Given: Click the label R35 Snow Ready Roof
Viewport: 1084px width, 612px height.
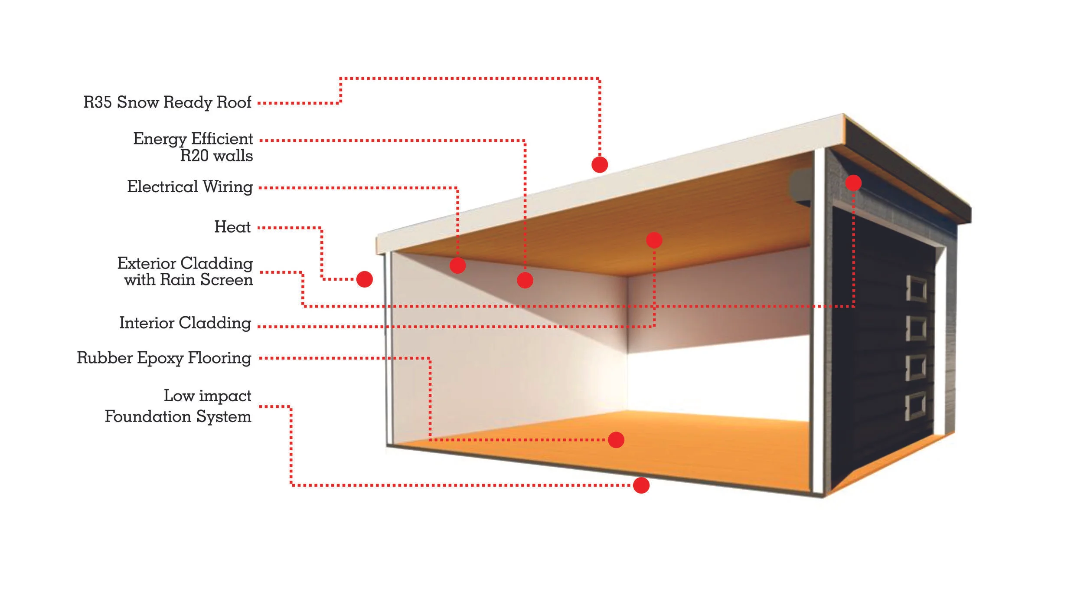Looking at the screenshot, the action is tap(167, 102).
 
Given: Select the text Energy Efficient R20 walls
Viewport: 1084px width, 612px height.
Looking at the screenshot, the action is tap(193, 147).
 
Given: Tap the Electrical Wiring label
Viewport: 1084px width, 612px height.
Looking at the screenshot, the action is tap(189, 187).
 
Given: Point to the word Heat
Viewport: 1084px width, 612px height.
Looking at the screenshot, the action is tap(232, 227).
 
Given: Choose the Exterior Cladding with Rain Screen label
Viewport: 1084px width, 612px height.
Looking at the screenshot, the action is tap(185, 272).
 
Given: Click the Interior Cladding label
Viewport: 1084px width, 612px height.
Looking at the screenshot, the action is tap(185, 323).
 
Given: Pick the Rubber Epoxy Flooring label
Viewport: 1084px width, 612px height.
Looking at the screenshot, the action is tap(164, 358).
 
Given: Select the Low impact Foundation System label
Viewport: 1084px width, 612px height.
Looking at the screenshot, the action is tap(178, 406).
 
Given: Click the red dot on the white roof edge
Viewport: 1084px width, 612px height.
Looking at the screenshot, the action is tap(600, 164).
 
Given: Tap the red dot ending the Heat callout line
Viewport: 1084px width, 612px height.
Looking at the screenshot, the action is tap(364, 279).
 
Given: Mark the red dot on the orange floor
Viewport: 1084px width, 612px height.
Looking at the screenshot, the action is tap(616, 440).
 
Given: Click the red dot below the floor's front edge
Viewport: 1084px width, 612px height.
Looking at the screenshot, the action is tap(641, 485).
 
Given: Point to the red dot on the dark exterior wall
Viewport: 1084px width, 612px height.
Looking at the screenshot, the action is tap(853, 183).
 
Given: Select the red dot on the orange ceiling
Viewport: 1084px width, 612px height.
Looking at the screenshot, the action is tap(654, 240).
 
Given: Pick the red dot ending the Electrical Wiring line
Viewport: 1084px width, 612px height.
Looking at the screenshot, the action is tap(457, 265).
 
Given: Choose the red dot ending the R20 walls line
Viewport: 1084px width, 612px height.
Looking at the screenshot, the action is tap(525, 281).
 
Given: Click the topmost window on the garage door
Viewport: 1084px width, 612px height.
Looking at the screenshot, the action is tap(916, 288).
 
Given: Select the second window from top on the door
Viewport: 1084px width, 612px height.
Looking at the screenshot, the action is tap(916, 327).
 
